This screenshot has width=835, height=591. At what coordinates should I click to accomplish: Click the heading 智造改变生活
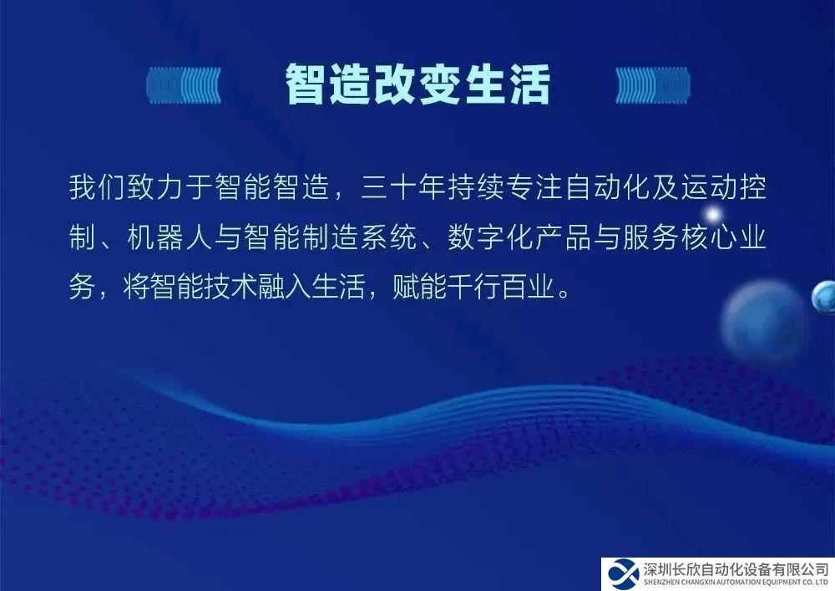pyautogui.click(x=417, y=84)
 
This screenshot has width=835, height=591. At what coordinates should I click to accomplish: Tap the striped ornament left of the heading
pyautogui.click(x=184, y=84)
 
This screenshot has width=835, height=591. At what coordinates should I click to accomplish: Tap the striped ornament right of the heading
pyautogui.click(x=653, y=84)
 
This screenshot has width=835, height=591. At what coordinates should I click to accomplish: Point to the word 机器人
pyautogui.click(x=170, y=237)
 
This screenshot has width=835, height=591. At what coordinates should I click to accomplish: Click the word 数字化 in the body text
pyautogui.click(x=490, y=237)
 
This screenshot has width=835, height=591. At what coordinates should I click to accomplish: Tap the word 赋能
pyautogui.click(x=419, y=287)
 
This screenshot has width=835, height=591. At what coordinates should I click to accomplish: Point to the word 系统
pyautogui.click(x=389, y=237)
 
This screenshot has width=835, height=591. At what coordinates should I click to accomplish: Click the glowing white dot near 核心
pyautogui.click(x=712, y=215)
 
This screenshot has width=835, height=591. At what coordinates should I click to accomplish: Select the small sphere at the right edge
pyautogui.click(x=824, y=297)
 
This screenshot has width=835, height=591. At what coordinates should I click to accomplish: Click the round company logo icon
pyautogui.click(x=623, y=574)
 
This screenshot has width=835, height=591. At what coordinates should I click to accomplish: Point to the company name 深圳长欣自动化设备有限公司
pyautogui.click(x=736, y=569)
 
